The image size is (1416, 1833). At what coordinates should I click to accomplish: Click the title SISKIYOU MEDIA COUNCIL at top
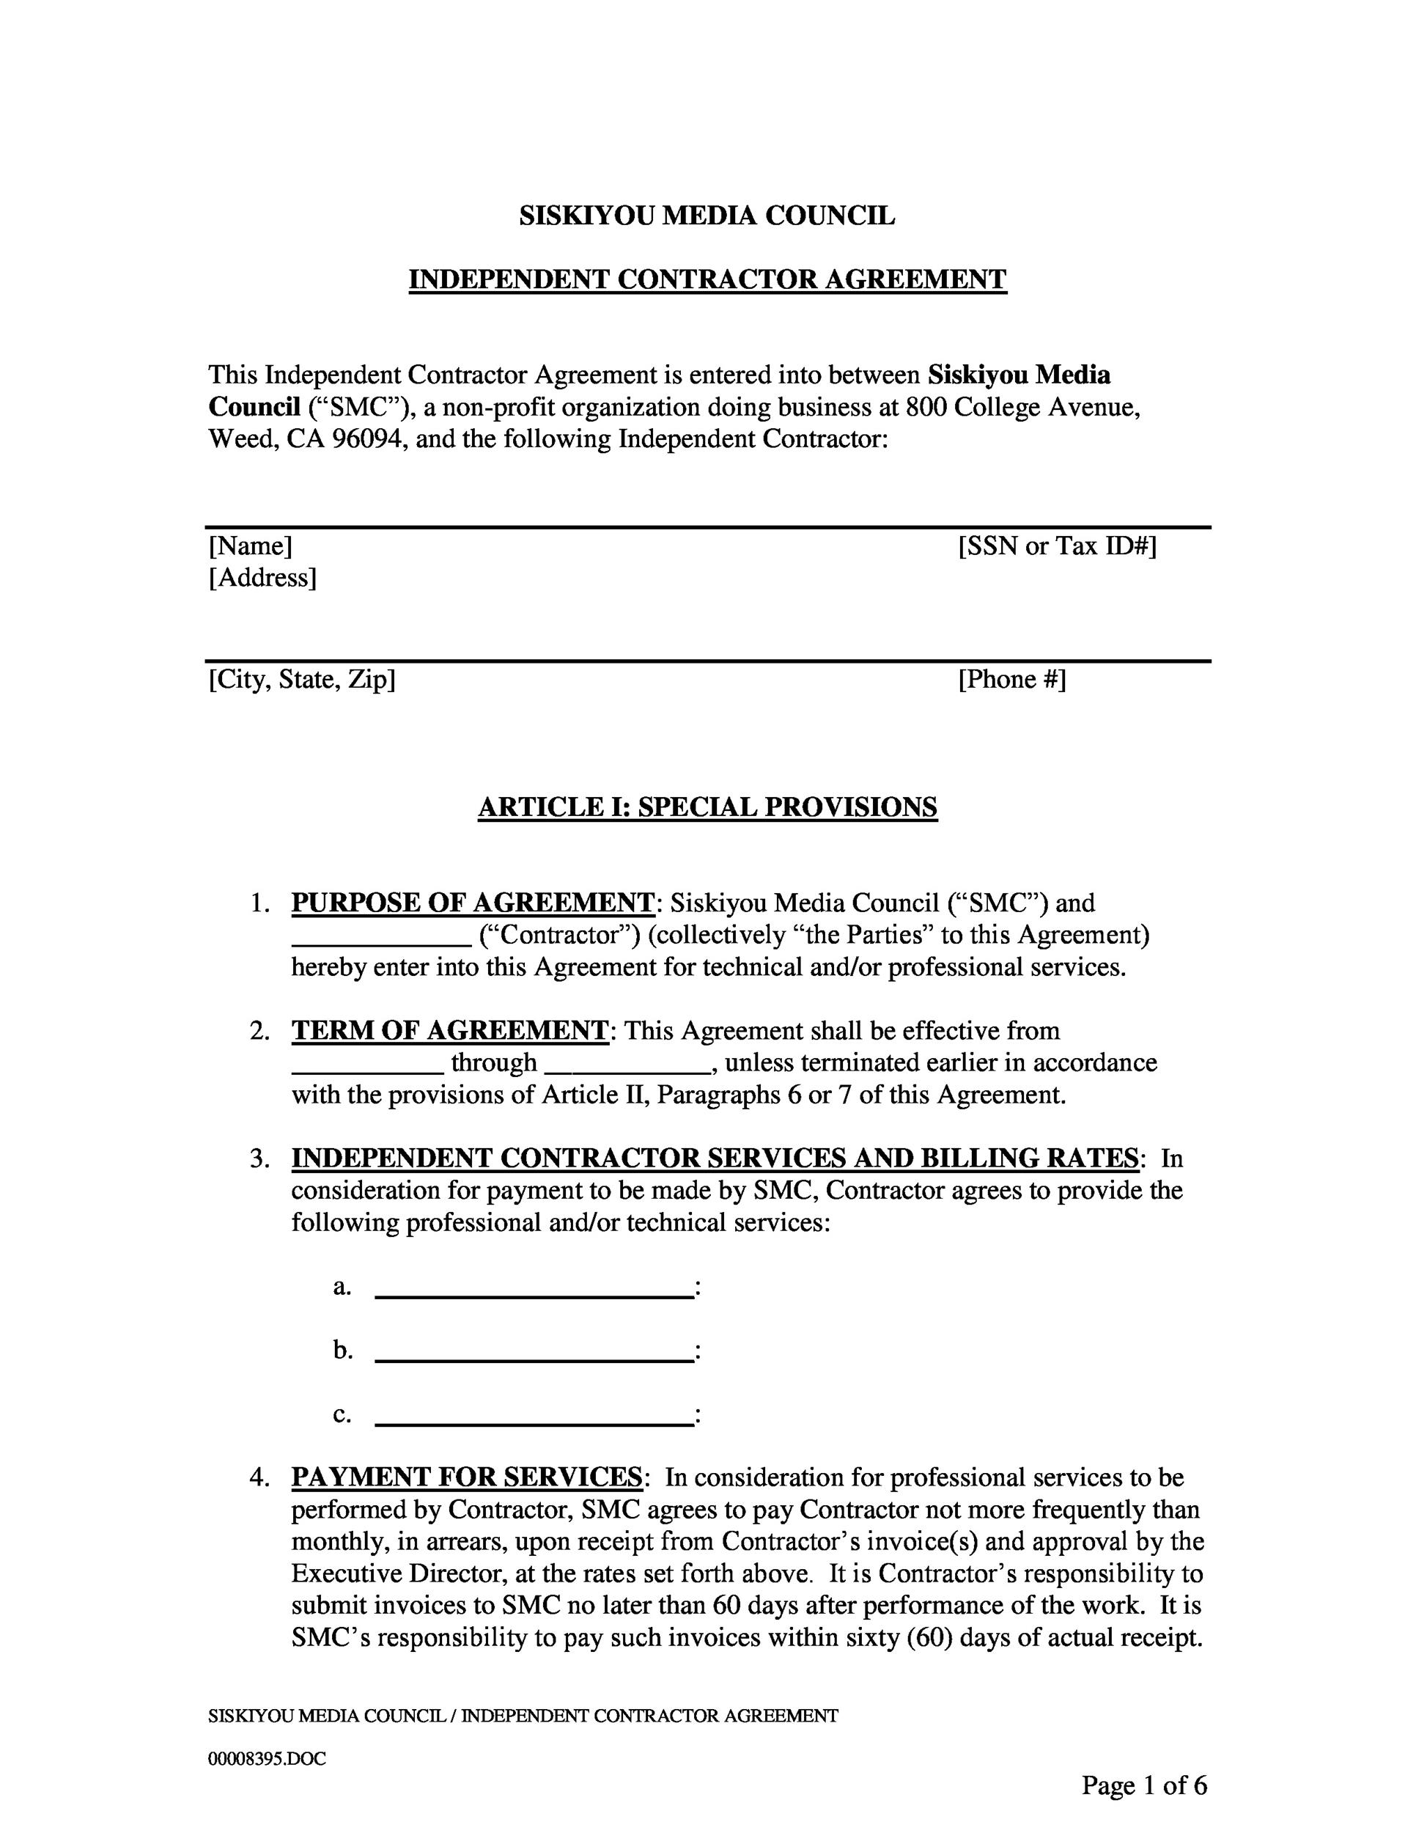(x=707, y=216)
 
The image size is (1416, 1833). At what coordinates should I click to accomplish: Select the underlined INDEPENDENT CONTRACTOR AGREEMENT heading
(x=707, y=279)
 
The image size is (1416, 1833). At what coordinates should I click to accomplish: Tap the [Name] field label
(x=250, y=546)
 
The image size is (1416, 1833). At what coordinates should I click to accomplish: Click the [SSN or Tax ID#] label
(x=1057, y=546)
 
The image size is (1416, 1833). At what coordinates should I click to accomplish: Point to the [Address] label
(x=262, y=578)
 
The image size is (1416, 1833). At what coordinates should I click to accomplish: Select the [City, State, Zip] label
(x=301, y=679)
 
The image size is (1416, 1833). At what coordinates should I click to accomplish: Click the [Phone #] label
(x=1011, y=679)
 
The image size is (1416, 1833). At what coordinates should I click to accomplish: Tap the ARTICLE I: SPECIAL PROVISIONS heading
(x=707, y=807)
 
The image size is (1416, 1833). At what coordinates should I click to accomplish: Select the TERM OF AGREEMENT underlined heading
(x=449, y=1031)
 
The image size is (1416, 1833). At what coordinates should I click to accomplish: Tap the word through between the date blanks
(x=493, y=1062)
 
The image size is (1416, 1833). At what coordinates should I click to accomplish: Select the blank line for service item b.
(x=534, y=1359)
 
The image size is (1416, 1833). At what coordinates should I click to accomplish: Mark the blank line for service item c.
(x=534, y=1423)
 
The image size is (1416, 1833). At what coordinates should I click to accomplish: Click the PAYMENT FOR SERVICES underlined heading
(x=466, y=1477)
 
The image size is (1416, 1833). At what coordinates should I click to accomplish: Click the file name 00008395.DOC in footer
(x=267, y=1759)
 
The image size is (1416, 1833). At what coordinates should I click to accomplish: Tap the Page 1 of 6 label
(x=1143, y=1785)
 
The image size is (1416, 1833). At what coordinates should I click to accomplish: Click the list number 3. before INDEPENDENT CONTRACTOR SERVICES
(x=259, y=1159)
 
